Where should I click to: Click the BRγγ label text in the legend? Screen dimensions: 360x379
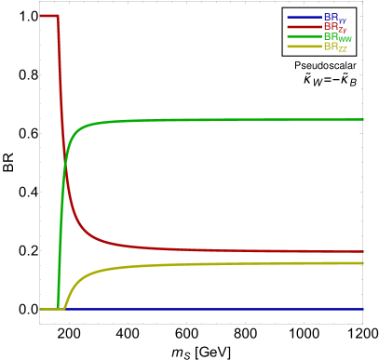[335, 18]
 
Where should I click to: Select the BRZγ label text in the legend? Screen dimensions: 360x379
[335, 27]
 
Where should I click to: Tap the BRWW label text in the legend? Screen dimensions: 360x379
[337, 37]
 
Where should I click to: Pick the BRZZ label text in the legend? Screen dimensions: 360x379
[335, 47]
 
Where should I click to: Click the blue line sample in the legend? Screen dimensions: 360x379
[305, 18]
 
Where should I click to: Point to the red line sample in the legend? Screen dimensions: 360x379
[305, 27]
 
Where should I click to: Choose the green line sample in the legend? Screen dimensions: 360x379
[305, 37]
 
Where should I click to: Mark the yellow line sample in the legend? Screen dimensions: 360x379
[305, 47]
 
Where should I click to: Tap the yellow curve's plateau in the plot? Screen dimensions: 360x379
[233, 264]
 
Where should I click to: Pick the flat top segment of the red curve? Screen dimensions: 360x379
[48, 16]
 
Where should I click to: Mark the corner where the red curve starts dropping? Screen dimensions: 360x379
[59, 16]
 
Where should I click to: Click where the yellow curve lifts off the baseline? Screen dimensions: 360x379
[63, 307]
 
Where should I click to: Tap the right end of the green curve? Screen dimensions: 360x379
[363, 119]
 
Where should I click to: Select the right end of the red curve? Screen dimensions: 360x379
[363, 251]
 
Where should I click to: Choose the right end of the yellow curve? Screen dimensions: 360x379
[363, 263]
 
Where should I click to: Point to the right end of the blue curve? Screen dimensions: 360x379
[363, 309]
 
